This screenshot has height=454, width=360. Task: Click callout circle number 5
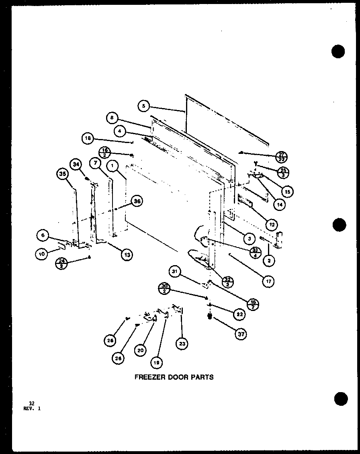click(144, 106)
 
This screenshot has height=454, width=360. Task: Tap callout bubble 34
click(75, 164)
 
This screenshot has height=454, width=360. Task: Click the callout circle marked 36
click(137, 202)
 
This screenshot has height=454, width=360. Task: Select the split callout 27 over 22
click(282, 156)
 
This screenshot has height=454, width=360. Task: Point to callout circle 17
click(268, 282)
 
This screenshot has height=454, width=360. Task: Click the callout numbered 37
click(240, 334)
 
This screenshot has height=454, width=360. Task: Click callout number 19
click(156, 362)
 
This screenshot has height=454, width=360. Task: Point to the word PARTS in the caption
click(203, 377)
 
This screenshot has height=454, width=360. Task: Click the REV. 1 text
click(32, 408)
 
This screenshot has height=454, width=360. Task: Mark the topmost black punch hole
click(338, 51)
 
